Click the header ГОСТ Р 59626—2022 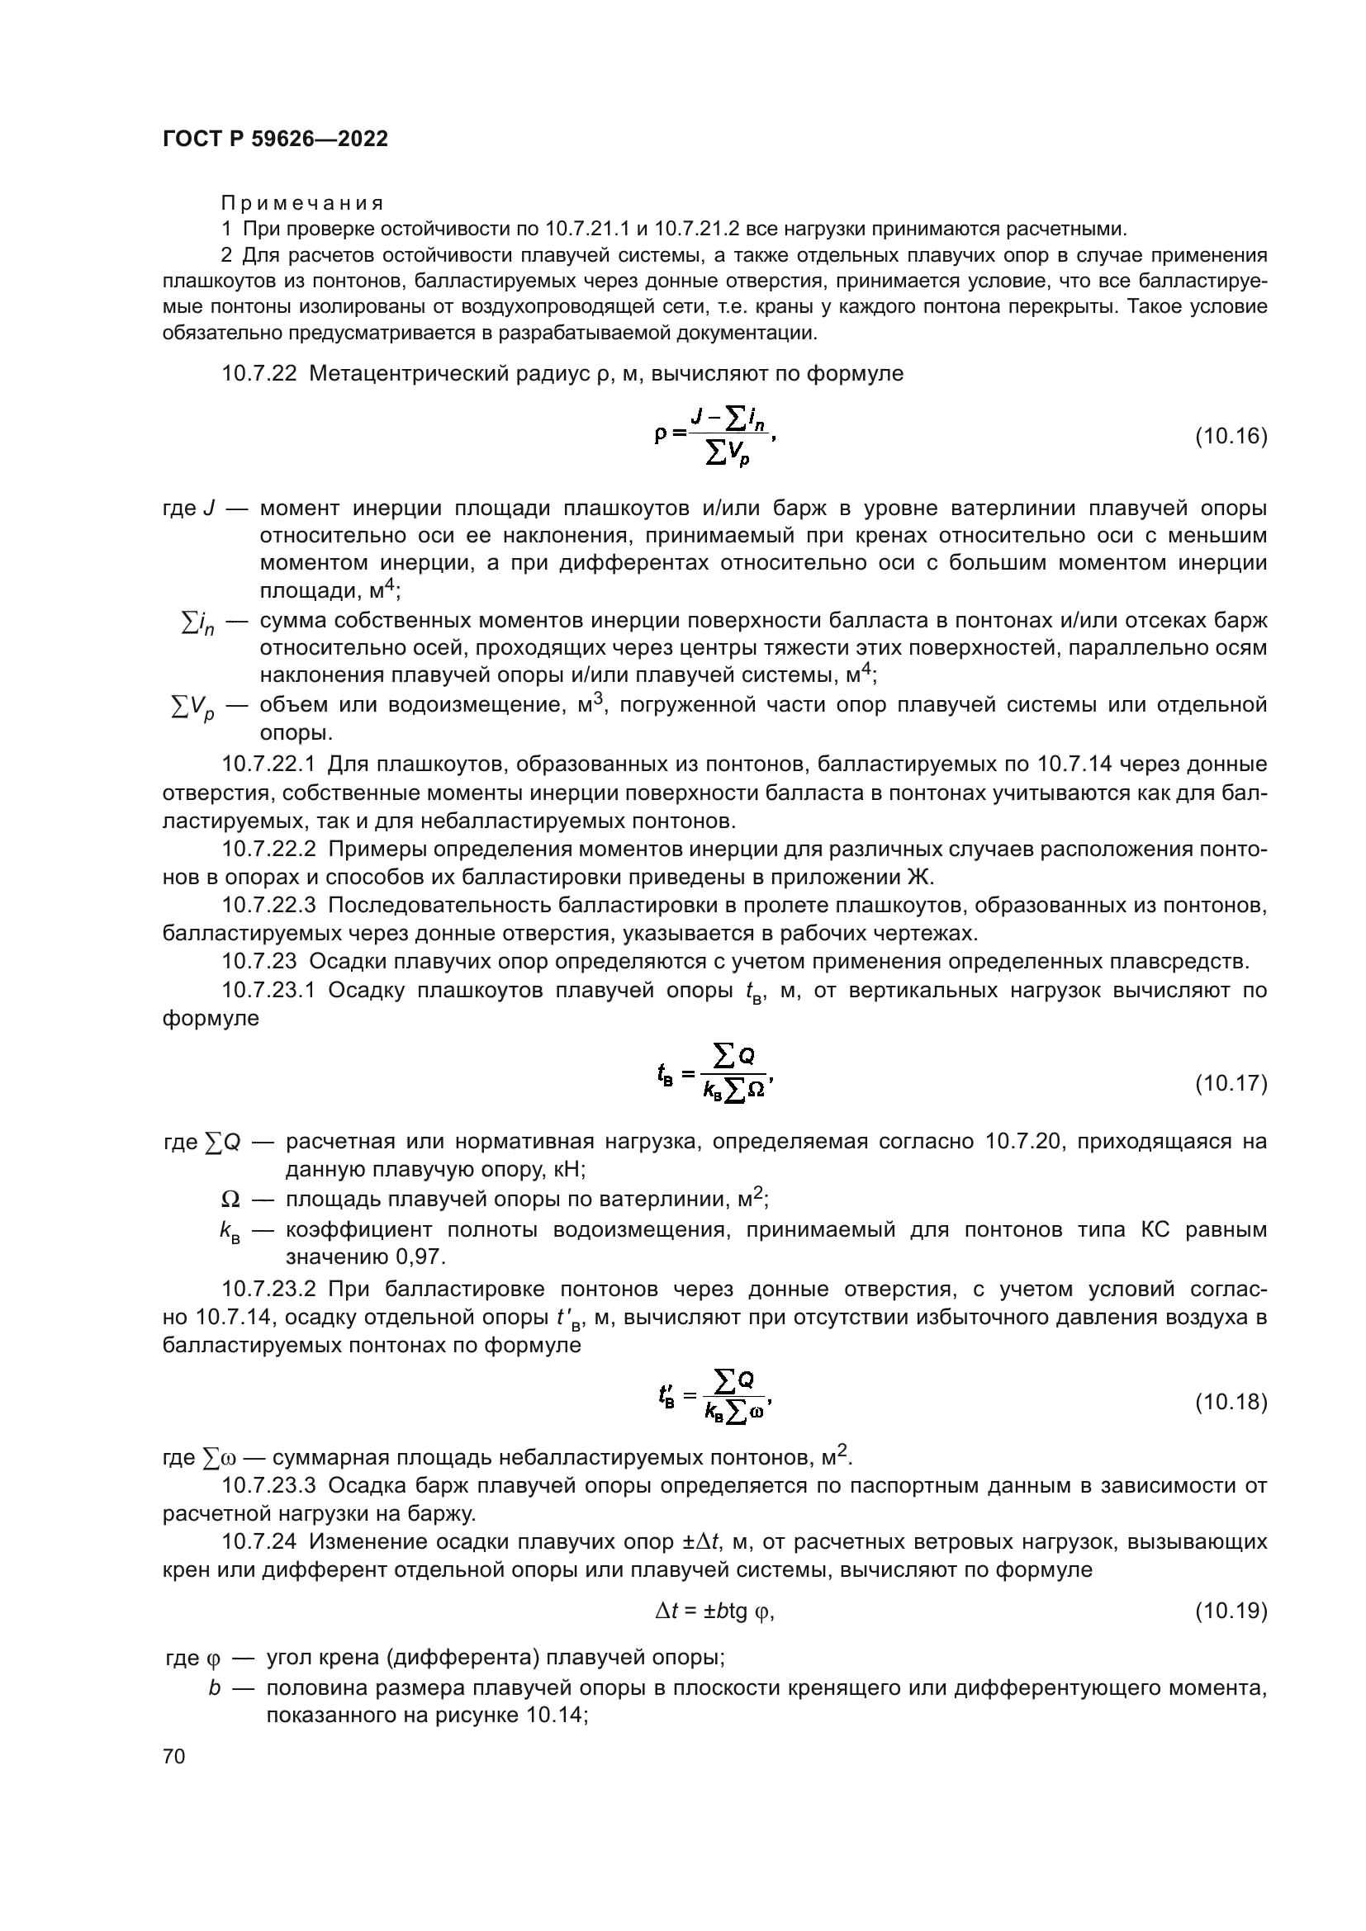(x=275, y=140)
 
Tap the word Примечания (x=302, y=204)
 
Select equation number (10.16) (x=1231, y=437)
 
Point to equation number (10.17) (x=1231, y=1084)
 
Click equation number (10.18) (x=1231, y=1402)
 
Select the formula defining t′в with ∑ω (x=714, y=1401)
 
